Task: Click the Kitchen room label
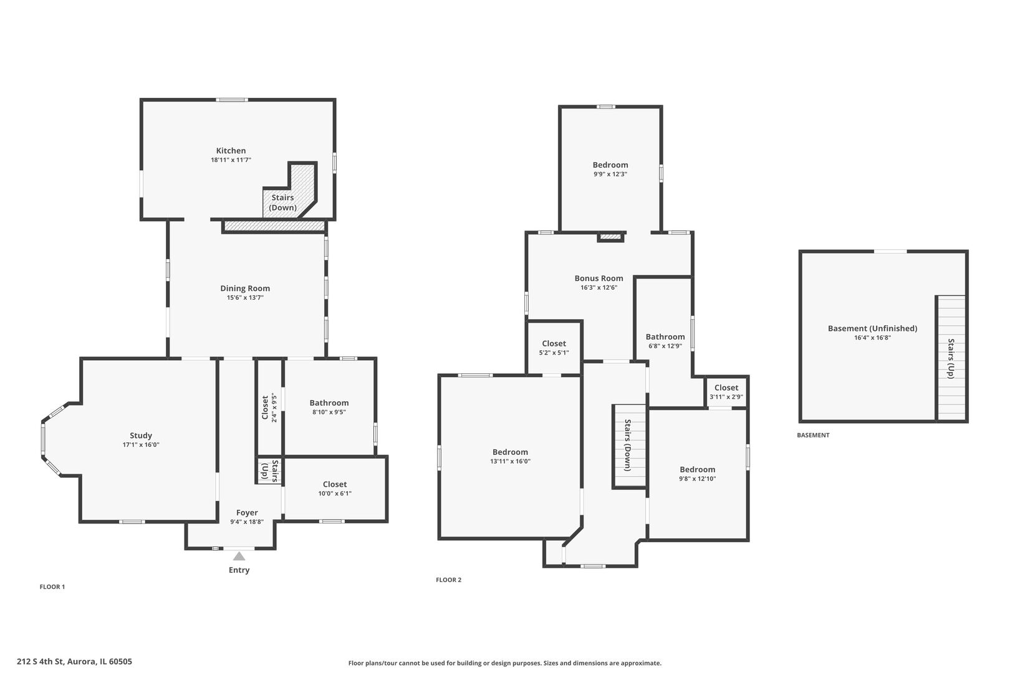[231, 151]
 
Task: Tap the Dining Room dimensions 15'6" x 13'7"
[245, 297]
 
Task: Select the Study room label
[141, 436]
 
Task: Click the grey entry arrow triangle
[239, 556]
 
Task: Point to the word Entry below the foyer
[239, 570]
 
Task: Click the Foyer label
[247, 512]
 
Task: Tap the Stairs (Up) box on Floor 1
[269, 471]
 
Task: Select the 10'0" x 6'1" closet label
[335, 489]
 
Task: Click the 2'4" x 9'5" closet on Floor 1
[269, 408]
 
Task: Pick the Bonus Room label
[599, 278]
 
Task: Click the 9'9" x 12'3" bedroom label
[610, 169]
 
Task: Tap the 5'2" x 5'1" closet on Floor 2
[554, 348]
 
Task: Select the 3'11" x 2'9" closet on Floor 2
[726, 392]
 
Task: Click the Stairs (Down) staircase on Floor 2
[630, 446]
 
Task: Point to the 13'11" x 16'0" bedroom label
[510, 456]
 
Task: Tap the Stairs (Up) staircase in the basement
[951, 358]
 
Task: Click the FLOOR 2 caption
[449, 580]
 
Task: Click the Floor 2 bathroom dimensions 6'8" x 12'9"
[665, 346]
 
